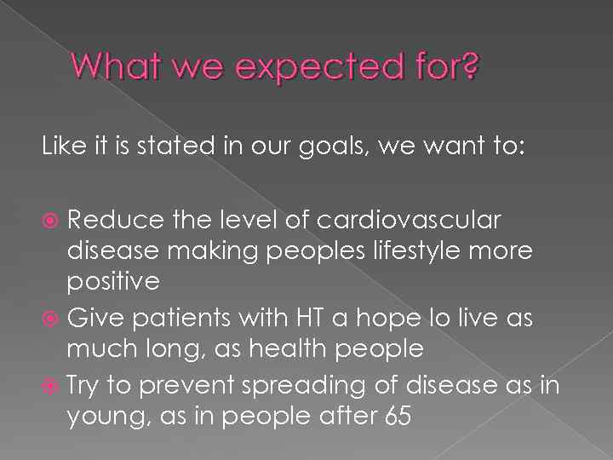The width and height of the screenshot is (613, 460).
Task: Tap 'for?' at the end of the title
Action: point(444,66)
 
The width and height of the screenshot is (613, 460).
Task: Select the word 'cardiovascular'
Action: point(409,220)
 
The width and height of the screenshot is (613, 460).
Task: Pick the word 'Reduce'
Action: point(115,220)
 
